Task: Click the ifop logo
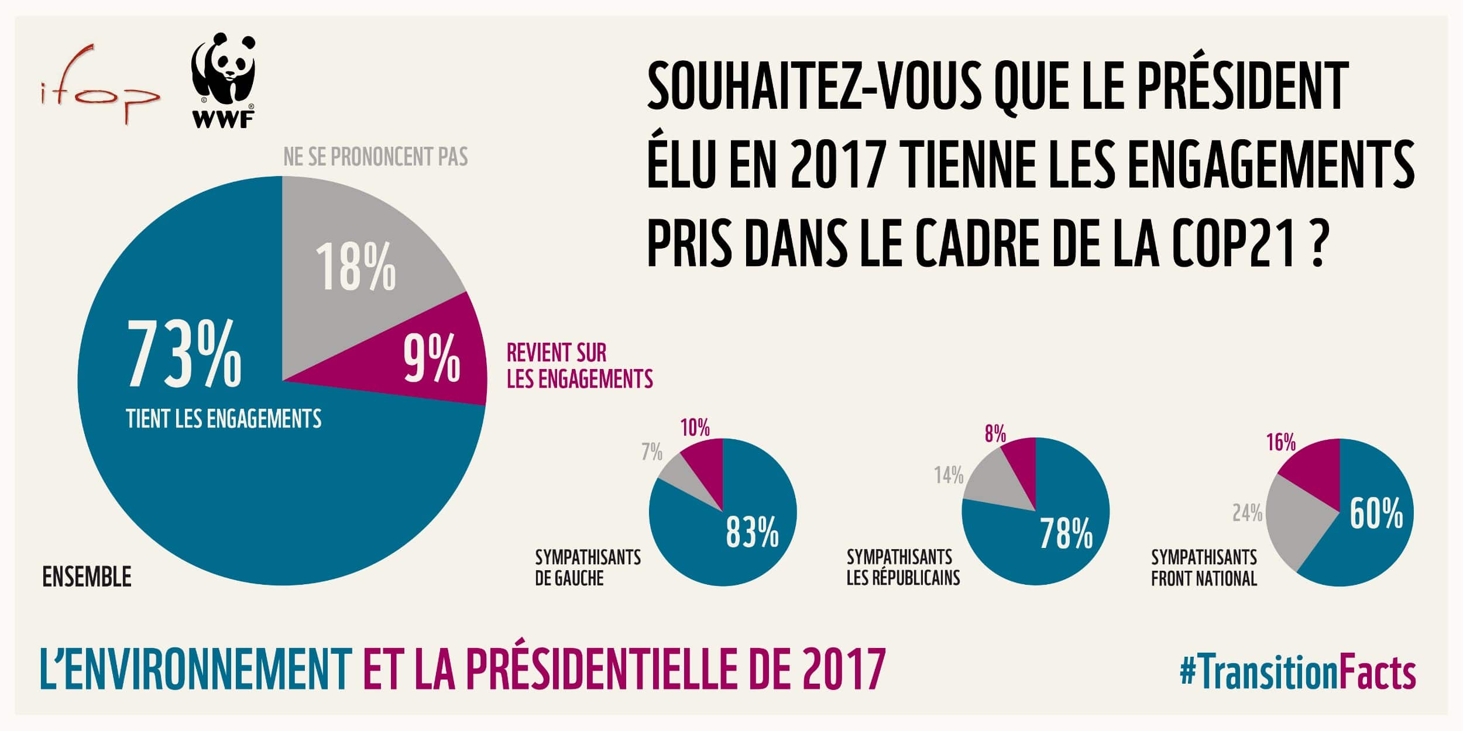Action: click(99, 85)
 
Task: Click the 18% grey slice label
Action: click(355, 267)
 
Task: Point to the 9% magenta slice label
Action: click(431, 358)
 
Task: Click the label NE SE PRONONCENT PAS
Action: click(375, 157)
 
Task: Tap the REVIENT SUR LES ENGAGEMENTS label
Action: click(579, 366)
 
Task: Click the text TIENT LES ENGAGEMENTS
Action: click(224, 419)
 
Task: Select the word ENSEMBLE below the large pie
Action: click(87, 578)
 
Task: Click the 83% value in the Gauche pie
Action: click(752, 532)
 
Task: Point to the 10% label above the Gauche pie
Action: click(695, 428)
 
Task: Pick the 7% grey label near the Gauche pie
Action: click(651, 451)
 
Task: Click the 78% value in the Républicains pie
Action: click(1066, 533)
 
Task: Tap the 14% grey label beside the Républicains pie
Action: click(948, 475)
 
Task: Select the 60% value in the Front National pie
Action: click(1376, 513)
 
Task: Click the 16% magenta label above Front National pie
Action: click(1281, 442)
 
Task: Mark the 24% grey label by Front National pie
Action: click(1247, 513)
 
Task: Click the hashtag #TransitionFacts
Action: click(1297, 673)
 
